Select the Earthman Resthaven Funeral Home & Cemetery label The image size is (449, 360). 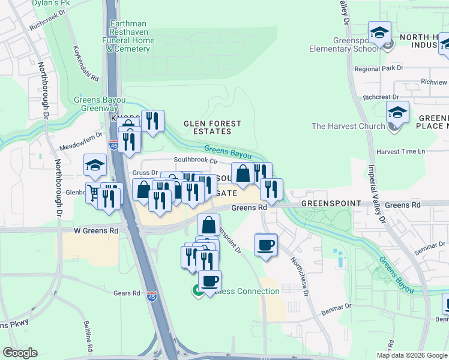pos(131,36)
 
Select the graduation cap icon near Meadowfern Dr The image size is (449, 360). pos(95,164)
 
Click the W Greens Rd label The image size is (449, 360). pos(96,230)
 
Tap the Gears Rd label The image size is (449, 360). pos(126,293)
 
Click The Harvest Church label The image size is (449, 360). pos(348,126)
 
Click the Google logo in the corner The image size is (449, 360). pos(20,353)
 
